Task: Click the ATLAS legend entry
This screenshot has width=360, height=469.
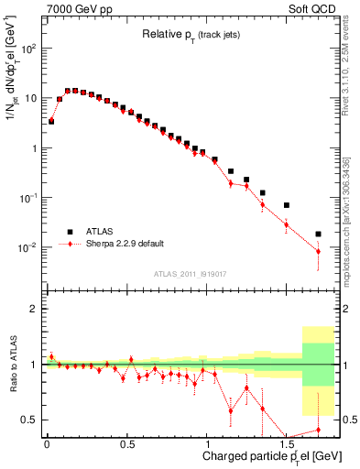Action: (103, 232)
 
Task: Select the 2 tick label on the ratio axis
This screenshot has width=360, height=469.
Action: (35, 309)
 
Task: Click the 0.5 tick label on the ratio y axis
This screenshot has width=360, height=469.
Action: (29, 420)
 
